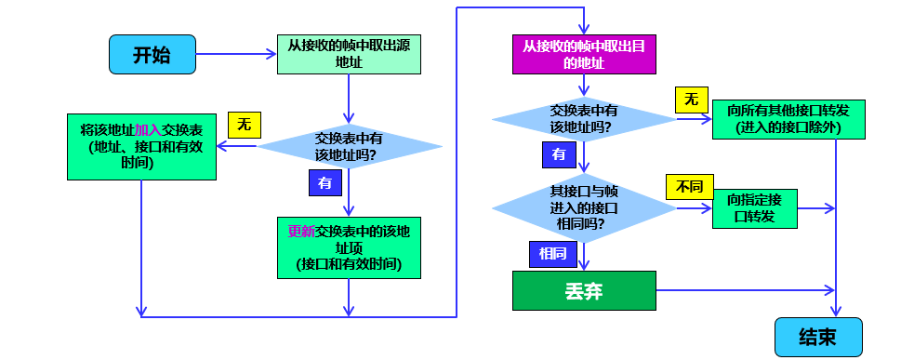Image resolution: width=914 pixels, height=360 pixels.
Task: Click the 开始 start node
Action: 152,55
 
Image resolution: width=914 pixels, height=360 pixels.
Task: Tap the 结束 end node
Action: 818,337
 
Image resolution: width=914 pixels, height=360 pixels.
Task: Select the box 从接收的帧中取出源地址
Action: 349,55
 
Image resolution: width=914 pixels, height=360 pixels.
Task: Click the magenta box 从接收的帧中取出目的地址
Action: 584,55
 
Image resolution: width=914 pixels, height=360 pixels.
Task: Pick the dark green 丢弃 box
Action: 584,291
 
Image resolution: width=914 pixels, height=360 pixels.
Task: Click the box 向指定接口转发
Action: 754,207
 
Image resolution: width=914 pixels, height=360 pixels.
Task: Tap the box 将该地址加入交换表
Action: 141,147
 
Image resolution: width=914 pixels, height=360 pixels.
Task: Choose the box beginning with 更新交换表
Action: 349,247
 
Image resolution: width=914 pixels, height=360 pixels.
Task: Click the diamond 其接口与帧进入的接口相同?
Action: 584,208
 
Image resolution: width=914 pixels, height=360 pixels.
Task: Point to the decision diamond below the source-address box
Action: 349,147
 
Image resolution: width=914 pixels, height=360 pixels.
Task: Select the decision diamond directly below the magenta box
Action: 584,118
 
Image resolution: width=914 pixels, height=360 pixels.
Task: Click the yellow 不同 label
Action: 689,187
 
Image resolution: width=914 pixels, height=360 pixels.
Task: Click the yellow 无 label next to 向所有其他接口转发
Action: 691,100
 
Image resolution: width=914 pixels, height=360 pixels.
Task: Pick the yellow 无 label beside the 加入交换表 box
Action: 244,124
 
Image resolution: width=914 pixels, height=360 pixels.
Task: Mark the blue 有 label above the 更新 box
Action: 325,183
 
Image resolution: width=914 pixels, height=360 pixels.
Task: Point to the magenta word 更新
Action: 301,231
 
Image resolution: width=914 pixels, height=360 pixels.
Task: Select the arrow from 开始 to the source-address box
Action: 235,55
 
